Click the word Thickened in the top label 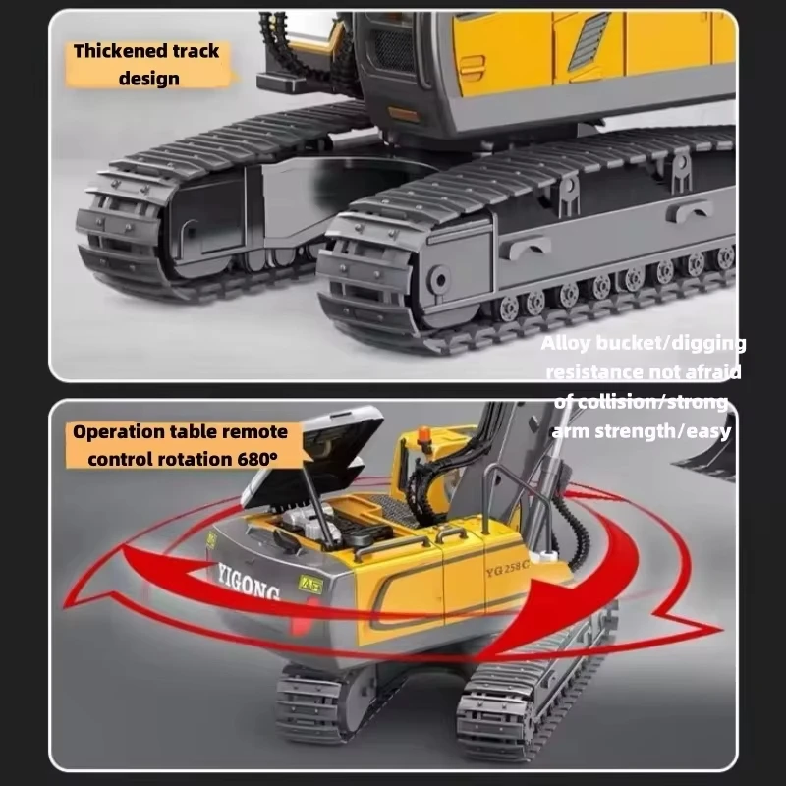[111, 51]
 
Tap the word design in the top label [148, 78]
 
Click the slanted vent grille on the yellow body [589, 41]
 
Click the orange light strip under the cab [404, 114]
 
